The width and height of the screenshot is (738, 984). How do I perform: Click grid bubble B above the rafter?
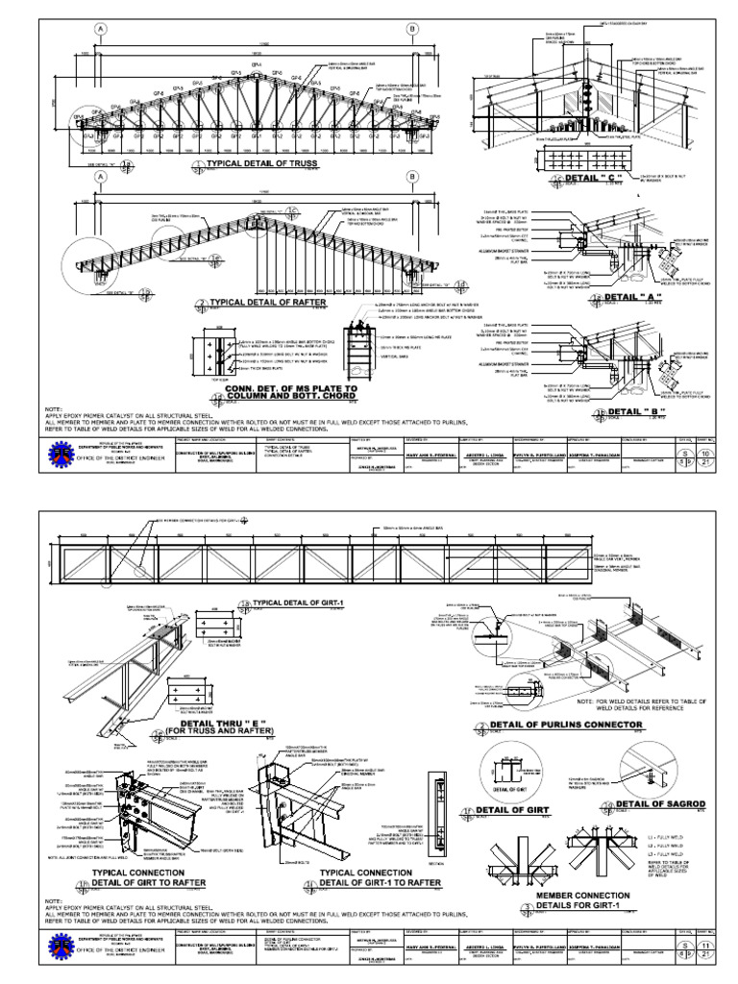pyautogui.click(x=413, y=178)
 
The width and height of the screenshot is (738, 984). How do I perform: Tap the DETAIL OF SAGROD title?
pyautogui.click(x=654, y=803)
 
